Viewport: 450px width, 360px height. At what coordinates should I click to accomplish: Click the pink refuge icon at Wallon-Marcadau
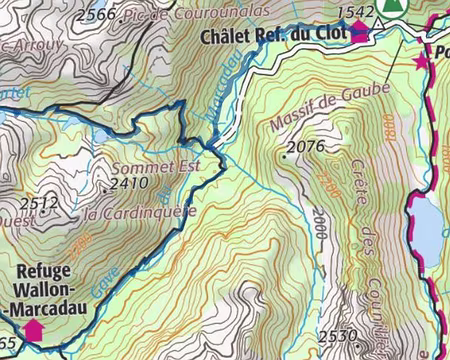pos(33,328)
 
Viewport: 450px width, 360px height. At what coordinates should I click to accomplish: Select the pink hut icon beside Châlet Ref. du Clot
pos(359,32)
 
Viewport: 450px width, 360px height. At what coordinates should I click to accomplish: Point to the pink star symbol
pos(420,62)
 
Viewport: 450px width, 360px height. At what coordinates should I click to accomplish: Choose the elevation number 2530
pos(339,335)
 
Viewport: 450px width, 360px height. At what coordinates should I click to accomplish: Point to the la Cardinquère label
pos(127,212)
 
